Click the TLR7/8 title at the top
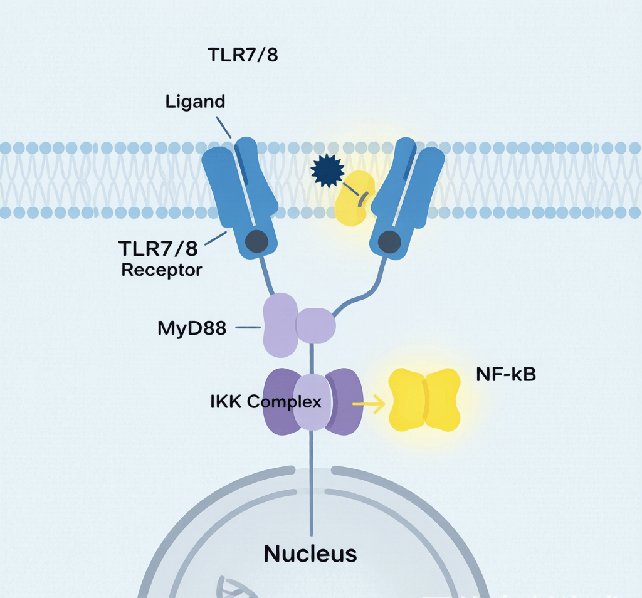(x=243, y=55)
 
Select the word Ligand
(x=196, y=102)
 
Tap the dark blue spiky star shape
(x=327, y=170)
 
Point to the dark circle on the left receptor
(x=256, y=241)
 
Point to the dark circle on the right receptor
(x=389, y=242)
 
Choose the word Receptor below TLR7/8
(x=162, y=271)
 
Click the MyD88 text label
(x=192, y=328)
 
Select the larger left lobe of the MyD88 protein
(x=281, y=325)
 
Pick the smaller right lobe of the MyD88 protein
(x=316, y=326)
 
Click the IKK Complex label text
(x=266, y=402)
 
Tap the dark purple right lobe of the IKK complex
(x=344, y=402)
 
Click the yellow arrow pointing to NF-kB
(x=369, y=404)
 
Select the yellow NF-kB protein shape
(x=424, y=400)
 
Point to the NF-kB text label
(x=506, y=374)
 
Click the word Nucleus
(x=310, y=553)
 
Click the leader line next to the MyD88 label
(x=248, y=327)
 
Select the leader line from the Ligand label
(x=224, y=127)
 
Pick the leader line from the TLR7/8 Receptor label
(x=216, y=238)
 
